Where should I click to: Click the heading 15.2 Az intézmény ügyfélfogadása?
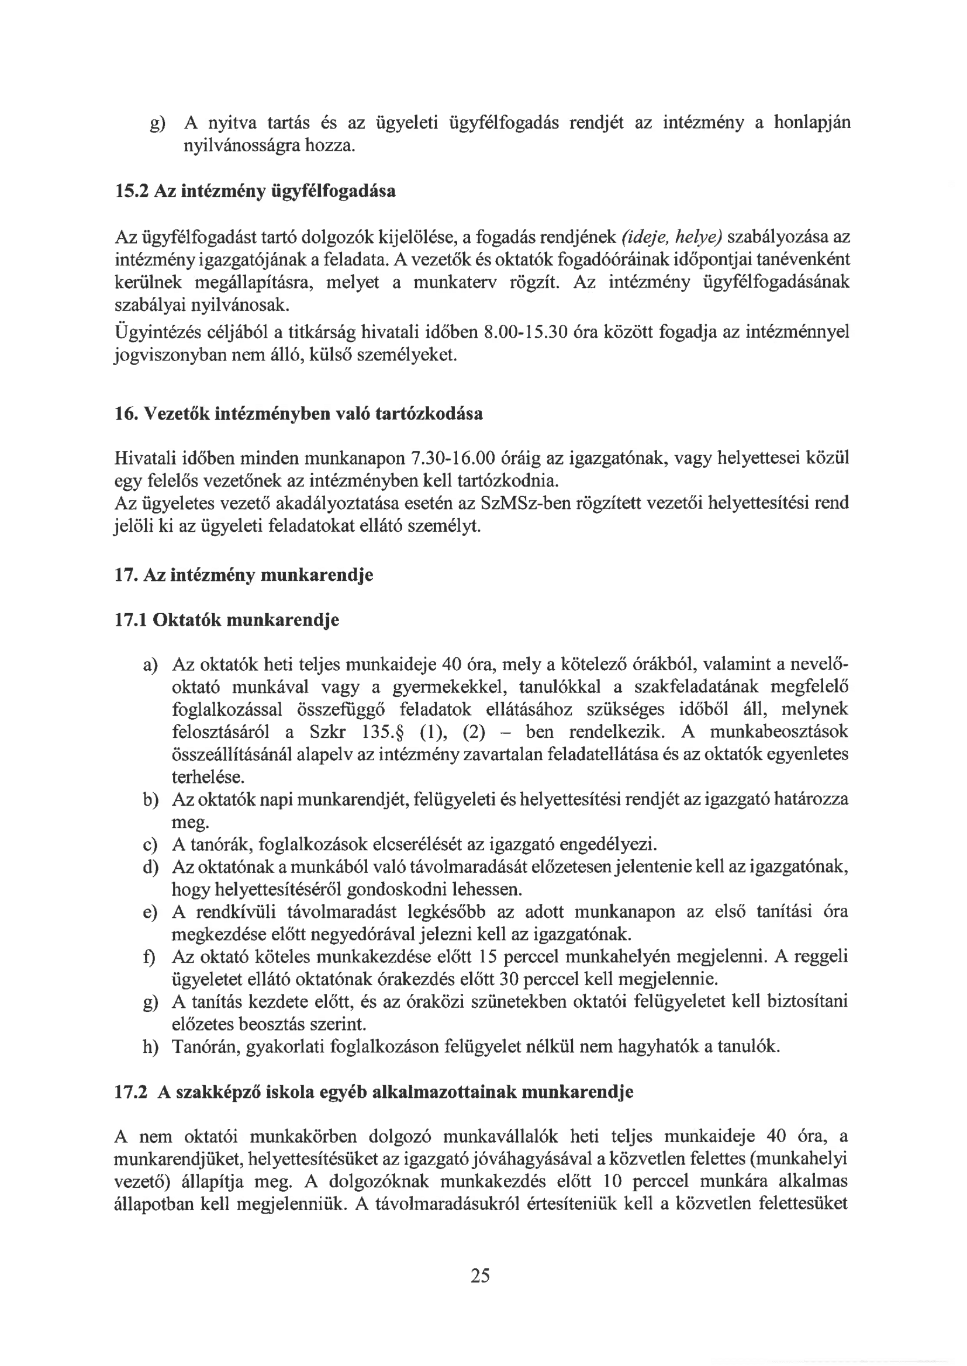[x=255, y=192]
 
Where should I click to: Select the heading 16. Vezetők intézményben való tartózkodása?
[x=298, y=414]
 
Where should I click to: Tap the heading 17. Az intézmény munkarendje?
[x=244, y=575]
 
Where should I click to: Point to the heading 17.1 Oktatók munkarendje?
[x=226, y=620]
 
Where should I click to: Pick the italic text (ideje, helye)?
[x=671, y=237]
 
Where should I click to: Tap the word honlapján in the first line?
[x=811, y=123]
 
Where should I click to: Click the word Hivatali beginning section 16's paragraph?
[x=146, y=459]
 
